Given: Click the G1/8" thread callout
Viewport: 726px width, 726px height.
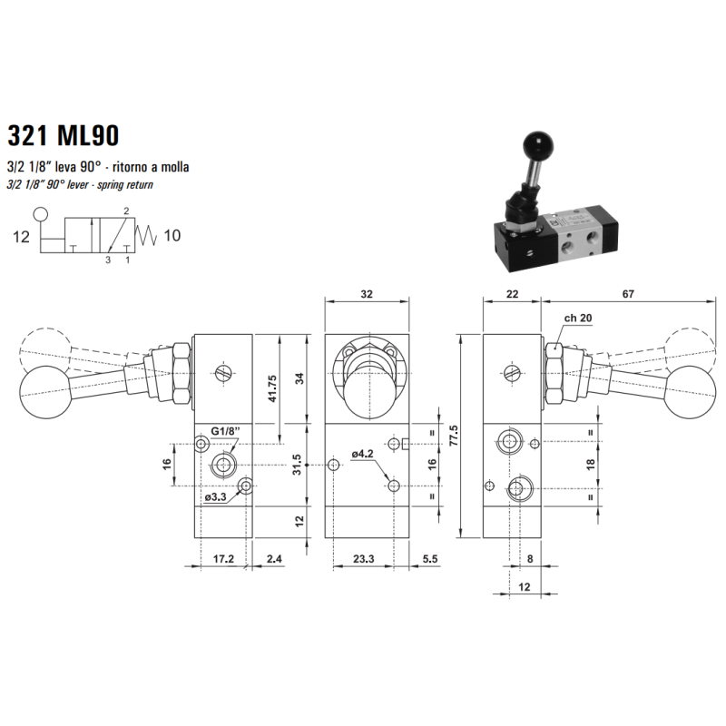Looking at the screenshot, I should coord(224,430).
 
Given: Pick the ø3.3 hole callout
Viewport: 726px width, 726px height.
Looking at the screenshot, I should coord(216,497).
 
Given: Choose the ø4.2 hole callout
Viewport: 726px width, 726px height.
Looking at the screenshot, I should coord(363,453).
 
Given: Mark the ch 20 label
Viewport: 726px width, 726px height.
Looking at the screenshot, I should coord(577,318).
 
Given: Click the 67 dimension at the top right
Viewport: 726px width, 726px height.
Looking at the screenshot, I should coord(628,293).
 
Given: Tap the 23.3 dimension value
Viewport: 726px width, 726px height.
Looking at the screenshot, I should coord(363,560).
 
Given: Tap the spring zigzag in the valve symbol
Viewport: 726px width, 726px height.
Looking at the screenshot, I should coord(147,237).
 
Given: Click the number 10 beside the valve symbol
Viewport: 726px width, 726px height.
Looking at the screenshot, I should coord(172,237).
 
